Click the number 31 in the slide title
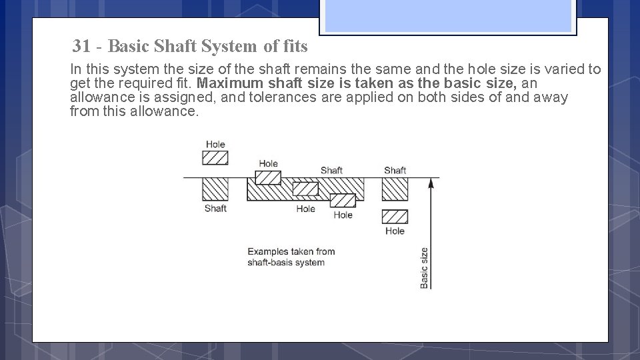point(82,47)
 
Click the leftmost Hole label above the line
point(215,145)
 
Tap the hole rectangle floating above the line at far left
point(215,157)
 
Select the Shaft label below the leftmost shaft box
point(215,209)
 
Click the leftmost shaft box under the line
point(215,189)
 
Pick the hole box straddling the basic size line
point(268,177)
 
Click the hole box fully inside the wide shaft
point(305,189)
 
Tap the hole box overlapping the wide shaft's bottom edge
point(343,200)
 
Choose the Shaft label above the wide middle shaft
point(331,171)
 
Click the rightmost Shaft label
point(395,171)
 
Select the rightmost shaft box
point(395,189)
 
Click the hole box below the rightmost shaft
point(395,217)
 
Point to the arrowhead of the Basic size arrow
point(431,182)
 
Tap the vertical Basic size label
point(425,268)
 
